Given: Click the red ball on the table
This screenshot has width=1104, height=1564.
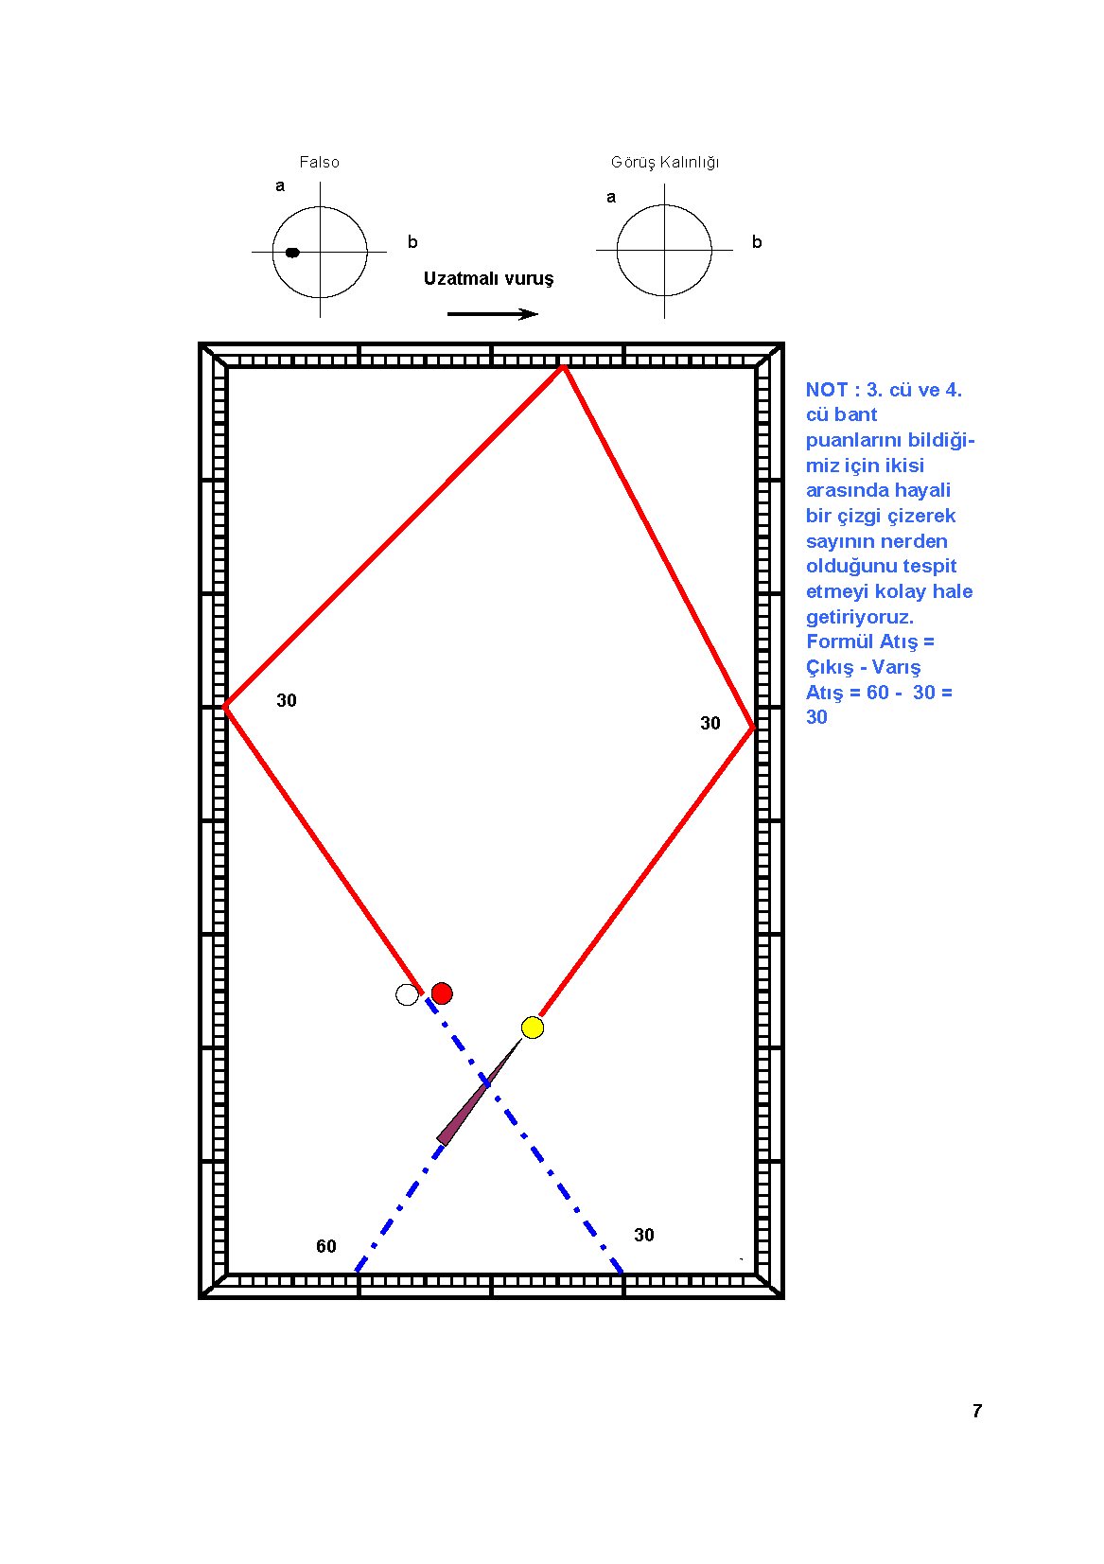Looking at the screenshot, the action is tap(442, 993).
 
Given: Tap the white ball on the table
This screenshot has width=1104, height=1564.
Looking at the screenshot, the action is tap(407, 994).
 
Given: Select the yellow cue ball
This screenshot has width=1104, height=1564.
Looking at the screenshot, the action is tap(532, 1028).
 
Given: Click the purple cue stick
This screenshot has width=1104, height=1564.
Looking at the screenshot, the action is tap(479, 1093).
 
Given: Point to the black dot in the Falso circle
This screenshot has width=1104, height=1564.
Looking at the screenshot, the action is tap(292, 252).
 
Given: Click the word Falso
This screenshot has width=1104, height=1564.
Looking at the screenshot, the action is tap(319, 162).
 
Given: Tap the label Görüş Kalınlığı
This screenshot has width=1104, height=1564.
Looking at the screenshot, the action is tap(665, 163).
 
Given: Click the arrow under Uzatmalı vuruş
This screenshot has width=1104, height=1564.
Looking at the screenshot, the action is tap(492, 314).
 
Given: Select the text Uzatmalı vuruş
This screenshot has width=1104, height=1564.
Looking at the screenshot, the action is tap(488, 278).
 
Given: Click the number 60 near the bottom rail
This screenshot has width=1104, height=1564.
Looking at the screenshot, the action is tap(326, 1246).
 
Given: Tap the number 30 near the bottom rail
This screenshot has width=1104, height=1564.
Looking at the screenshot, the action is tap(644, 1235).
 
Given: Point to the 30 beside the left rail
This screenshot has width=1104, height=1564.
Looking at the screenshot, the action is tap(287, 700).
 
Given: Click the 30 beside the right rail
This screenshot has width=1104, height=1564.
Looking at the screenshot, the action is tap(710, 723).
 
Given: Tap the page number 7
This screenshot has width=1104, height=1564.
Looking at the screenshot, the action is tap(977, 1411).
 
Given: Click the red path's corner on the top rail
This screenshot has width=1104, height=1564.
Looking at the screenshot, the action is tap(564, 367).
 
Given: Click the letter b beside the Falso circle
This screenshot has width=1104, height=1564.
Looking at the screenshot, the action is tap(412, 241).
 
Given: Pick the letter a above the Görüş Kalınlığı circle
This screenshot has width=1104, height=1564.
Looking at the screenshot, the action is tap(611, 198).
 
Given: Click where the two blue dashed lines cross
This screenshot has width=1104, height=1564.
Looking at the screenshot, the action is tap(486, 1083).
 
